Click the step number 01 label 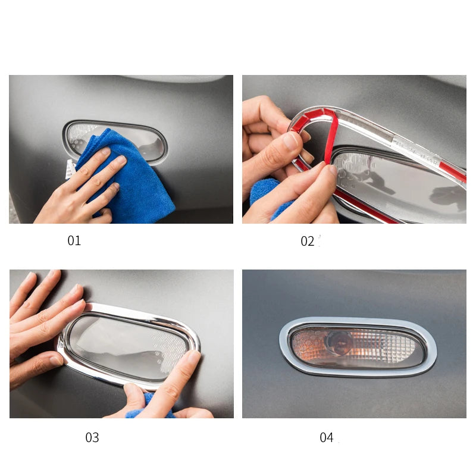click(74, 240)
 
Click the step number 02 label click(307, 242)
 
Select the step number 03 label click(92, 437)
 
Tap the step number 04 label click(326, 437)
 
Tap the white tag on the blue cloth click(70, 169)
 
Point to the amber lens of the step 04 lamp click(358, 346)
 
